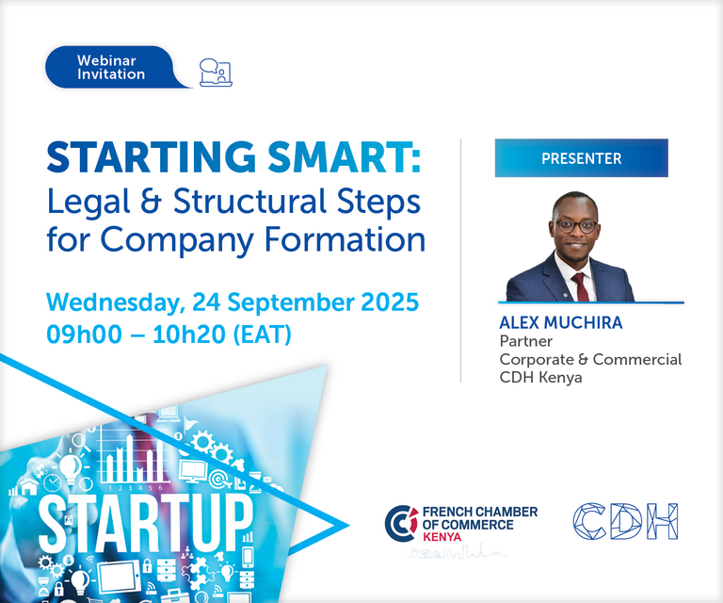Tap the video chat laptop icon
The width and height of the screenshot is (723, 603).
216,73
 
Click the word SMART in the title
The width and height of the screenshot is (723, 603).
345,156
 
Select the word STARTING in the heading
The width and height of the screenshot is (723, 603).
152,156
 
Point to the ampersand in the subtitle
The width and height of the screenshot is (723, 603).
151,201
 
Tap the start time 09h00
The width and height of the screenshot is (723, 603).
85,334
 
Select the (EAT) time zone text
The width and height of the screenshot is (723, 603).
262,334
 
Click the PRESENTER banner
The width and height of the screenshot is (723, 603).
582,157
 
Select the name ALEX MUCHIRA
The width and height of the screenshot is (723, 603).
561,322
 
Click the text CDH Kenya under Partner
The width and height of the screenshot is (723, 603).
541,378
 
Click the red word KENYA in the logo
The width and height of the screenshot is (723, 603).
442,537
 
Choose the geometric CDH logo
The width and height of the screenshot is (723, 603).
626,521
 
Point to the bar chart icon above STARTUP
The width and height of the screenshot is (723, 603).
133,458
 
